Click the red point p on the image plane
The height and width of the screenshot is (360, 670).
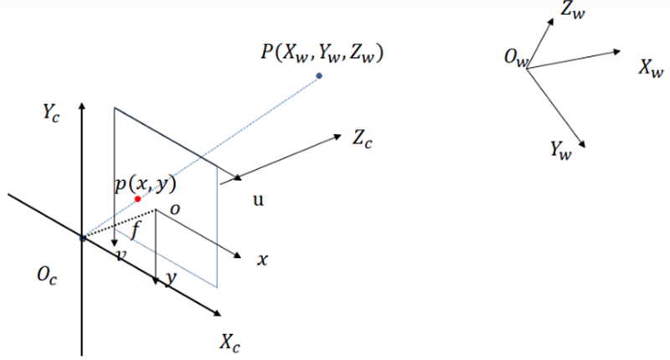click(137, 199)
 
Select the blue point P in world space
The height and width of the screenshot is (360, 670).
click(319, 76)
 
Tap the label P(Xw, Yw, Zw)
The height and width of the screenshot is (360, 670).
click(322, 53)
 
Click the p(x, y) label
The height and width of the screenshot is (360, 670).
click(146, 184)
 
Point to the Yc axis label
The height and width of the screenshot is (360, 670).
click(51, 113)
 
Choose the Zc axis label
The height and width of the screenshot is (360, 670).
click(362, 138)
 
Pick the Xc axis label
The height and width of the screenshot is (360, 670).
click(229, 342)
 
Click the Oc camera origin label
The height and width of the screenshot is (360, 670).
click(47, 275)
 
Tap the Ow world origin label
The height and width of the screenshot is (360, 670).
click(516, 57)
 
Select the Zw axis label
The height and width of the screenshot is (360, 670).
click(573, 10)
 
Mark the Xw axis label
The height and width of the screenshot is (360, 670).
click(652, 68)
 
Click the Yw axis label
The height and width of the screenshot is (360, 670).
click(560, 150)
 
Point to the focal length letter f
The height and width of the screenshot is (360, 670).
click(136, 229)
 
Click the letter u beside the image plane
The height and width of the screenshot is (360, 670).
click(258, 200)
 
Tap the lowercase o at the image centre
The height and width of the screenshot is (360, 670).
click(175, 209)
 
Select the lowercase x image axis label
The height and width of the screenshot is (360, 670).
click(262, 260)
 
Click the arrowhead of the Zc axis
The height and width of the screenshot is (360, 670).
click(338, 136)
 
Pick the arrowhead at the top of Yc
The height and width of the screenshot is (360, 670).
click(82, 106)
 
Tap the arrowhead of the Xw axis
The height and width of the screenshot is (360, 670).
click(616, 52)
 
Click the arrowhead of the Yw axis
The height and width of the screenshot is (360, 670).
click(581, 144)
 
